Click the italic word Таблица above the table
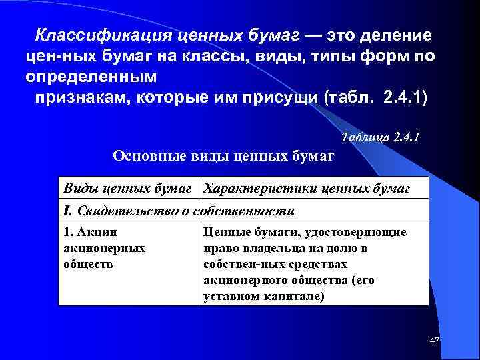366,137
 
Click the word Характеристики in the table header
260,189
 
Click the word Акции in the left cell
97,233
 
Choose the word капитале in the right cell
295,295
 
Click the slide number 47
435,341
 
